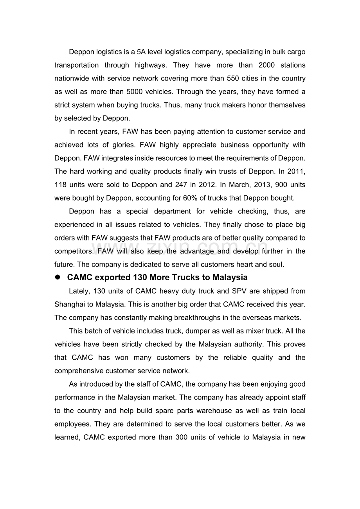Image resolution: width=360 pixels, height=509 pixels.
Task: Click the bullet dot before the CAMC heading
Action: point(57,277)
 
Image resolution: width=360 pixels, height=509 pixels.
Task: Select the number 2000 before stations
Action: point(267,65)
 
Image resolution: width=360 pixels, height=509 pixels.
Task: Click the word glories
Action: point(124,145)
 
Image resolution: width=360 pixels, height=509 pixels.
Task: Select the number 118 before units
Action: point(61,185)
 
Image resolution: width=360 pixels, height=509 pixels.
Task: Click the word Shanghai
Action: point(69,304)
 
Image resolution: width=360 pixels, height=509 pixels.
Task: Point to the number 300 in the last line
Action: point(182,437)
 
